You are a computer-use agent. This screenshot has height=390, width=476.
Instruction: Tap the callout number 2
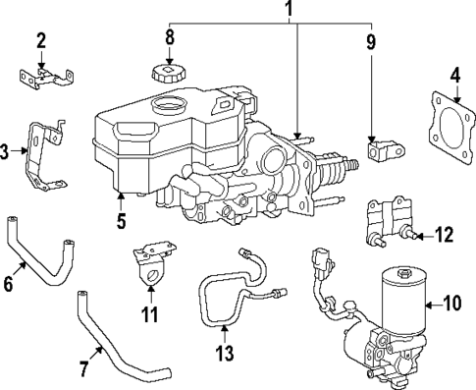pyautogui.click(x=41, y=40)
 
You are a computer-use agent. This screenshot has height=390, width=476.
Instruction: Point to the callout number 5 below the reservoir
pyautogui.click(x=121, y=221)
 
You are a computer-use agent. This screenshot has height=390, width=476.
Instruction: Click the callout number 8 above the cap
pyautogui.click(x=170, y=39)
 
